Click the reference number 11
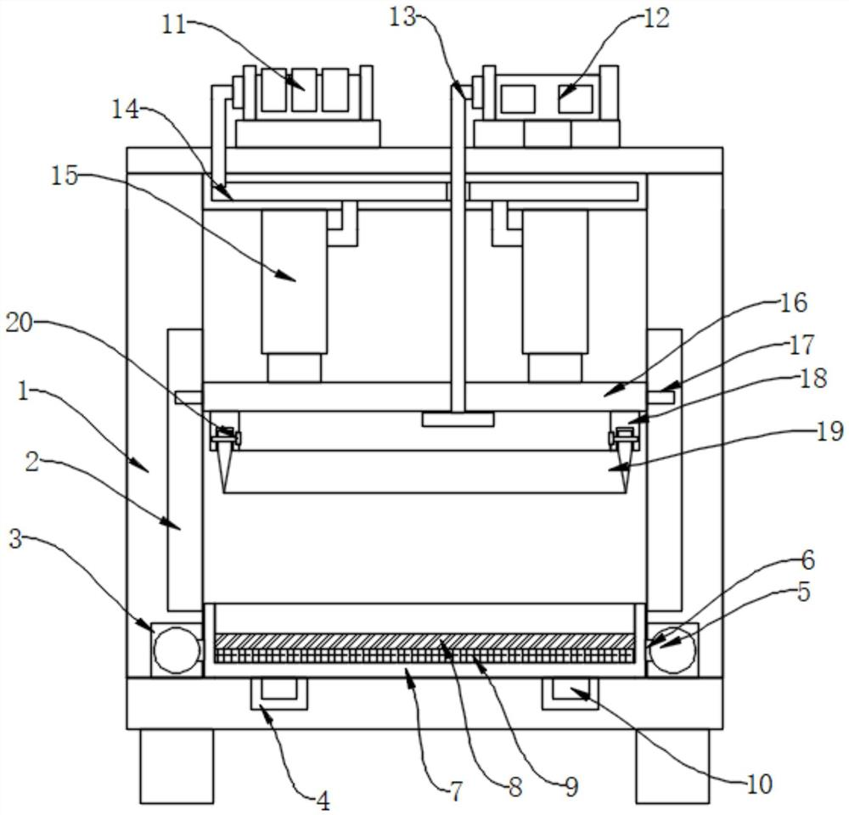[175, 25]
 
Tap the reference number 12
[656, 18]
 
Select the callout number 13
[402, 17]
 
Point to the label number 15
[65, 176]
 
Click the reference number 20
[20, 323]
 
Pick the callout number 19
[830, 431]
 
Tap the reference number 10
[759, 784]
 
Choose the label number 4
[323, 801]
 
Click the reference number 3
[15, 539]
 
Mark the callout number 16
[795, 302]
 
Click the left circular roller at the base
[177, 649]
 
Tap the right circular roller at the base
[672, 649]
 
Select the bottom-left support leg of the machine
[177, 766]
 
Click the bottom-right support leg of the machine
[672, 766]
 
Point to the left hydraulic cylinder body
[294, 282]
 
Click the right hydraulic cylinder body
[555, 282]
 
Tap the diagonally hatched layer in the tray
[424, 642]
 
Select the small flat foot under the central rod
[458, 419]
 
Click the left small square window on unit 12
[518, 99]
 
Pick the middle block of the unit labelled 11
[304, 90]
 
